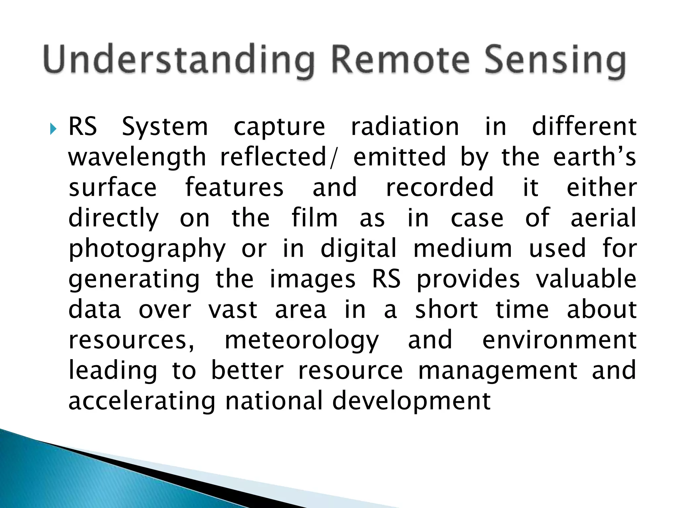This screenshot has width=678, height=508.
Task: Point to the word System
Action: pyautogui.click(x=165, y=127)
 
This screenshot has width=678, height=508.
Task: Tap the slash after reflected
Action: pyautogui.click(x=332, y=158)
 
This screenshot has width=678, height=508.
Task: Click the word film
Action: pyautogui.click(x=315, y=218)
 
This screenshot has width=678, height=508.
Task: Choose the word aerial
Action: pyautogui.click(x=603, y=218)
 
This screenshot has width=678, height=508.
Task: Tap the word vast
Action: pyautogui.click(x=233, y=310)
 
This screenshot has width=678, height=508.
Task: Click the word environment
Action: pyautogui.click(x=559, y=340)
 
